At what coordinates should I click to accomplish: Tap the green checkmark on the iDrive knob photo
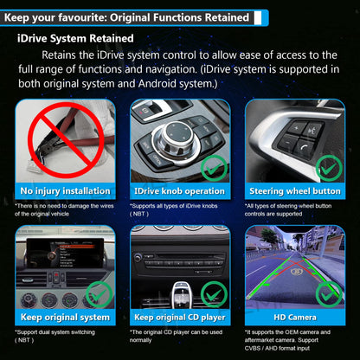point(214,168)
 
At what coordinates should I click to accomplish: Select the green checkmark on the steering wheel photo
point(329,168)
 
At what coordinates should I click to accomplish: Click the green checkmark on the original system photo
point(100,294)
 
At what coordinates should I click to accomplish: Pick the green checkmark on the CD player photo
point(214,294)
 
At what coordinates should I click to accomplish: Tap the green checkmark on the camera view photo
point(329,294)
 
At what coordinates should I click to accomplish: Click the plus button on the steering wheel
point(297,127)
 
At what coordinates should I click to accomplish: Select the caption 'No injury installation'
point(65,191)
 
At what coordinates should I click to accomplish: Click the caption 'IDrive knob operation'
point(179,191)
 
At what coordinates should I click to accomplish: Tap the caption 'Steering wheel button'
point(295,191)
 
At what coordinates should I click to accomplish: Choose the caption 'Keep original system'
point(65,318)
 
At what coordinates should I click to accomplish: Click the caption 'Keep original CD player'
point(180,318)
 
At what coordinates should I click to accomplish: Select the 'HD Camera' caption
point(295,318)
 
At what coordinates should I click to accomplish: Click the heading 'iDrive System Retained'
point(75,38)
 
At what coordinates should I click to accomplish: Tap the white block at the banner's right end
point(258,17)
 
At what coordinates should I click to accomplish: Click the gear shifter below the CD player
point(181,294)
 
